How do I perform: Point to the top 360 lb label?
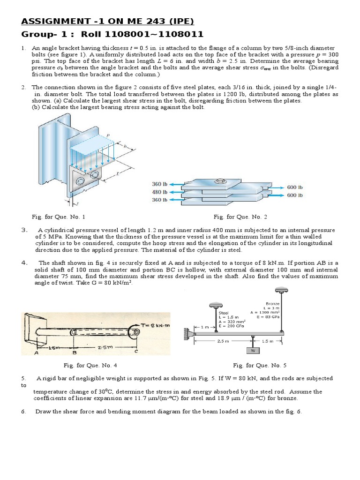159,184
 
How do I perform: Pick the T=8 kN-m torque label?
156,325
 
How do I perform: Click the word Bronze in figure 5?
272,303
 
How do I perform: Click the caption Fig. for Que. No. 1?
58,217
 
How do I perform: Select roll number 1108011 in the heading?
180,34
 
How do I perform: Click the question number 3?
24,230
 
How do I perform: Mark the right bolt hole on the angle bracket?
96,175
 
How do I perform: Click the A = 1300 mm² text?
265,312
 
